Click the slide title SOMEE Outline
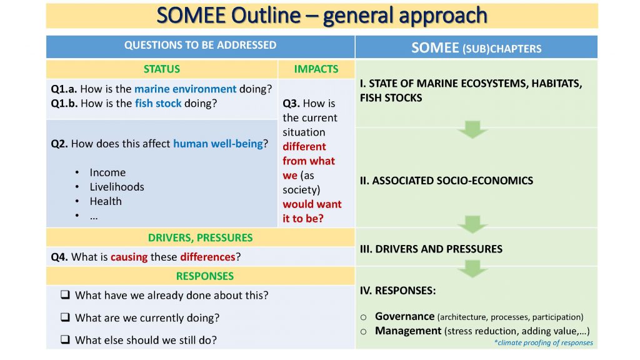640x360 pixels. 229,16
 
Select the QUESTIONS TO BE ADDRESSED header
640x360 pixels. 201,45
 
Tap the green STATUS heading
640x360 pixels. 162,69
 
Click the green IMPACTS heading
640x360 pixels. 316,69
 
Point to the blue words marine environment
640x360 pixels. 185,89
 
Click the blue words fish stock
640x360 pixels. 158,103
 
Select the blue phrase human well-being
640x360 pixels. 218,144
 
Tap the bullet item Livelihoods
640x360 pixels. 117,187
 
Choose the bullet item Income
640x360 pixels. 107,172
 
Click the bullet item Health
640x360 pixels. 106,201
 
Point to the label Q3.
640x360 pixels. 291,104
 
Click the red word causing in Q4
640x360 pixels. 129,257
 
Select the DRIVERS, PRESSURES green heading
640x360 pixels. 201,237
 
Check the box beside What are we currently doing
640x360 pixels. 65,317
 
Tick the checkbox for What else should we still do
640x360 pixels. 65,339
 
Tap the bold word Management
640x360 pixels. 408,331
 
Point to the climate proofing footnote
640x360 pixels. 543,342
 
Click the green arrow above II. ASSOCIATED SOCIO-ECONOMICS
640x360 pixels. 472,129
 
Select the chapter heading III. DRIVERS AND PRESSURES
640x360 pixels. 431,249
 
